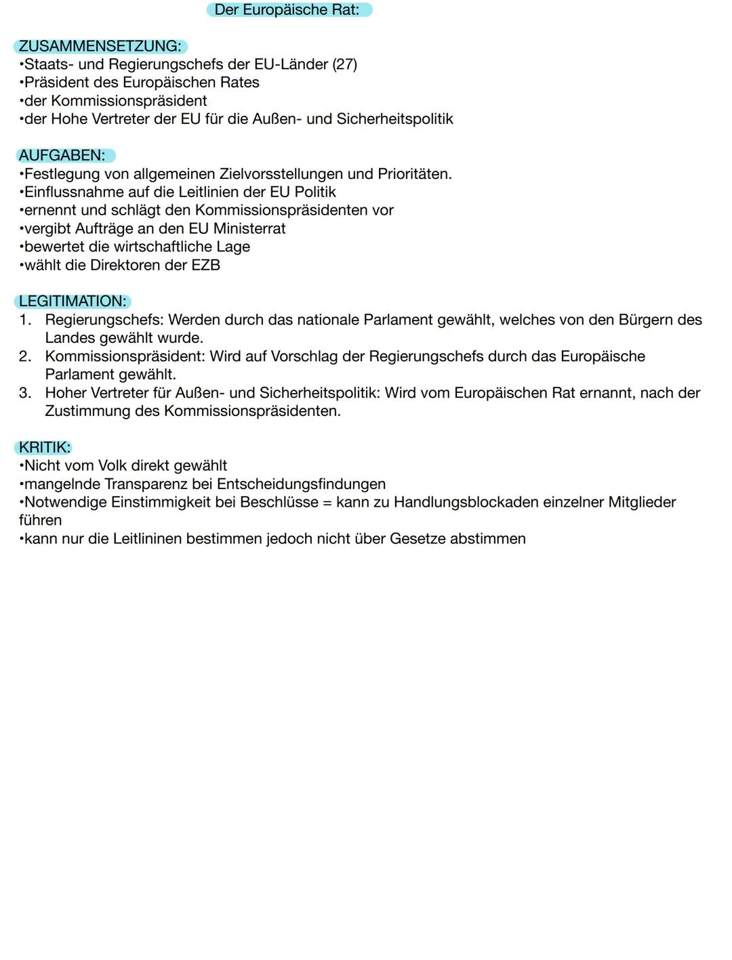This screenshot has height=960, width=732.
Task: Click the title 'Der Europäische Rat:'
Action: [x=287, y=10]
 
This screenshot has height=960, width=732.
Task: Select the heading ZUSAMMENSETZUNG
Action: [x=100, y=47]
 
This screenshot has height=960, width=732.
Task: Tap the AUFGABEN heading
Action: [x=62, y=156]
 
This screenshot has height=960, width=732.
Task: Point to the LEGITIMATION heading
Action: [x=73, y=301]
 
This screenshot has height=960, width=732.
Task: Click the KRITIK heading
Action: [x=45, y=448]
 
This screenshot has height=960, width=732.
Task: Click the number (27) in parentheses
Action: [x=345, y=64]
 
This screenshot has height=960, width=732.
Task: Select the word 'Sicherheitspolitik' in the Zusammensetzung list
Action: [x=395, y=119]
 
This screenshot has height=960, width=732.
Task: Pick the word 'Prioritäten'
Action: [x=414, y=174]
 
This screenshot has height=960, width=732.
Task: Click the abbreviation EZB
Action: [x=206, y=266]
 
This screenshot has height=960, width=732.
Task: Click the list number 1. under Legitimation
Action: [x=25, y=320]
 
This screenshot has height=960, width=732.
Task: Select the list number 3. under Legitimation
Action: [x=25, y=393]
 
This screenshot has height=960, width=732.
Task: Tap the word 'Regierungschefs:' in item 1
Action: [x=104, y=320]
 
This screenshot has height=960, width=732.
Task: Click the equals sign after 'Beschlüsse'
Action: [x=327, y=503]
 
